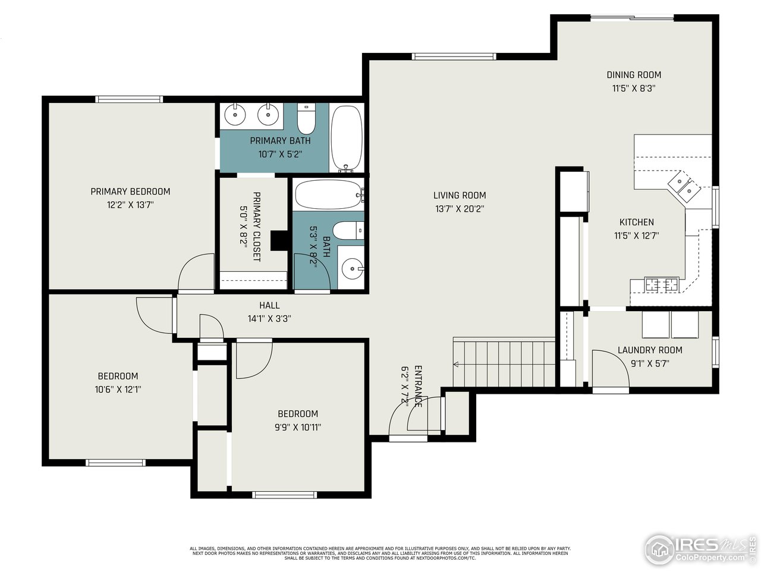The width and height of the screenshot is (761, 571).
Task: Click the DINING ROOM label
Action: (634, 75)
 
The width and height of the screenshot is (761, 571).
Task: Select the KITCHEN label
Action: (636, 222)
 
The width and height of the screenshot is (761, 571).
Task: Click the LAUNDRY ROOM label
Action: (649, 350)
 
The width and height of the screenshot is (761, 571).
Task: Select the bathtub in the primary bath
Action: (346, 138)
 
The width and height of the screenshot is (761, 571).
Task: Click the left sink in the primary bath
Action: (236, 114)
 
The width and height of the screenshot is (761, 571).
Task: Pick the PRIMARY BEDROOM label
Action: (130, 192)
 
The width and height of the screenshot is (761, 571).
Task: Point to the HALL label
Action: (269, 305)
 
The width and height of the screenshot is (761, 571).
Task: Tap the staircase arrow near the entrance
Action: (457, 364)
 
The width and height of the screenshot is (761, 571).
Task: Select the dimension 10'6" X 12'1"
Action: (118, 390)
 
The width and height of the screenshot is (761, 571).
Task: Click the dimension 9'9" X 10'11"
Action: (297, 427)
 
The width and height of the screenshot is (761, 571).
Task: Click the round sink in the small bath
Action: (352, 269)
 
